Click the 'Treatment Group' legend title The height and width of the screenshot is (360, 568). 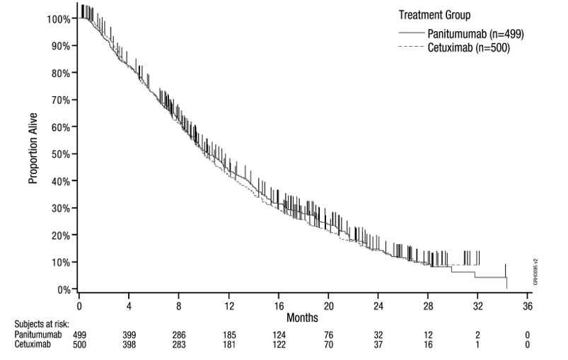click(x=435, y=15)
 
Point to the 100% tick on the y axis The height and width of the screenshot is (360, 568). click(x=59, y=18)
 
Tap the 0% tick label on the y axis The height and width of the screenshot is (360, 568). click(x=64, y=289)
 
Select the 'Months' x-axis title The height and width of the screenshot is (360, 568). click(x=302, y=316)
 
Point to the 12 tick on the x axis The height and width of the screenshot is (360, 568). click(x=228, y=306)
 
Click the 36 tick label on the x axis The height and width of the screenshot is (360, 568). click(x=527, y=306)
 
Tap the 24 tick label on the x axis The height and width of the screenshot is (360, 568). click(x=378, y=306)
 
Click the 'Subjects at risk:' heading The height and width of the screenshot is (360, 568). click(x=32, y=325)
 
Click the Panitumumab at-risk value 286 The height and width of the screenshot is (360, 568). click(x=178, y=334)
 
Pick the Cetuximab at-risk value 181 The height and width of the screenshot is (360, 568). click(x=228, y=344)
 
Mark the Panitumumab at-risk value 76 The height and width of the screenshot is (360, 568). click(x=328, y=334)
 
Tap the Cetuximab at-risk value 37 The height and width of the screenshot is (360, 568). click(x=378, y=344)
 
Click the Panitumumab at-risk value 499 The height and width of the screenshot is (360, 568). click(x=79, y=334)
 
